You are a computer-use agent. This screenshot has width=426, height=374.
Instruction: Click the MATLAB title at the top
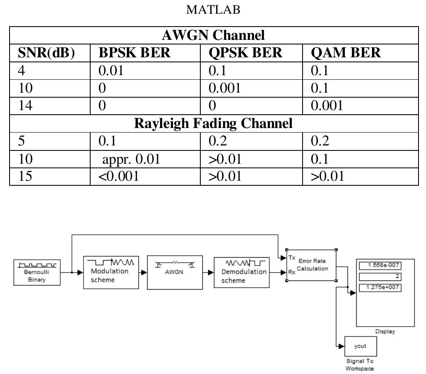(213, 10)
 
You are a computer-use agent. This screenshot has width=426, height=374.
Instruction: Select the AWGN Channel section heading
(213, 35)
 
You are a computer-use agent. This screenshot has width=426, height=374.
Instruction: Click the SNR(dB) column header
(47, 53)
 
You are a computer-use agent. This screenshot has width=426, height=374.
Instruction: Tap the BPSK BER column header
(134, 53)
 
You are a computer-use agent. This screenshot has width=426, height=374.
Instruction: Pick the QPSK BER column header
(245, 53)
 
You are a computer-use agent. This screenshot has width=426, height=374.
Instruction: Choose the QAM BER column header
(345, 53)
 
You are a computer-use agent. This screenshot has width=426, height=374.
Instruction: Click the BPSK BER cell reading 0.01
(111, 71)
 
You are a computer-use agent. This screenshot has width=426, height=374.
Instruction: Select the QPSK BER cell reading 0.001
(224, 88)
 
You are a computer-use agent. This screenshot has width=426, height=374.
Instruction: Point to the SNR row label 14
(25, 106)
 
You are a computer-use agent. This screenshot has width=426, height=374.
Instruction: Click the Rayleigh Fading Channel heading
(213, 123)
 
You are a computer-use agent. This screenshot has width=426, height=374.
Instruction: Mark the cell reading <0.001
(118, 176)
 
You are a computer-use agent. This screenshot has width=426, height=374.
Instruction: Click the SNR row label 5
(22, 141)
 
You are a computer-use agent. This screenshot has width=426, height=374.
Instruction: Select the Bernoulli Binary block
(37, 272)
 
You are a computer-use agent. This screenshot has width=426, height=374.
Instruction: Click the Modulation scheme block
(111, 272)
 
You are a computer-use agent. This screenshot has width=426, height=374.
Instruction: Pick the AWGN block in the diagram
(175, 272)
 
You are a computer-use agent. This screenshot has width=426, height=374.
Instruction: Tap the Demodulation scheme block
(241, 272)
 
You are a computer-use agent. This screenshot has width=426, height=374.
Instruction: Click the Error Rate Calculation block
(311, 265)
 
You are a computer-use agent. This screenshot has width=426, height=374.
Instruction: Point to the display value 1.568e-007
(380, 266)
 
